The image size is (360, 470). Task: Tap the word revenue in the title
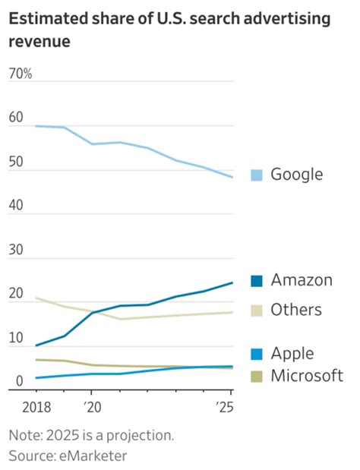coord(39,41)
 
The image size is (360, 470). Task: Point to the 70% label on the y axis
coord(21,74)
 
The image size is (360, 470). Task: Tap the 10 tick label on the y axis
coord(16,338)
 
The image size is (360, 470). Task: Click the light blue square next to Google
coord(256,175)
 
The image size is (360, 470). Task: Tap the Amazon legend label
coord(302,280)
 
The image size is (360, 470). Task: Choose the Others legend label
coord(296,310)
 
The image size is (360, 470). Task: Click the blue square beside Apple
coord(256,354)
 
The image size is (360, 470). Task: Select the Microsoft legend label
coord(307,376)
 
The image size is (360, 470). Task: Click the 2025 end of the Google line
coord(232,178)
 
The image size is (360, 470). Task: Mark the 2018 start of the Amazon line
coord(36,345)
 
